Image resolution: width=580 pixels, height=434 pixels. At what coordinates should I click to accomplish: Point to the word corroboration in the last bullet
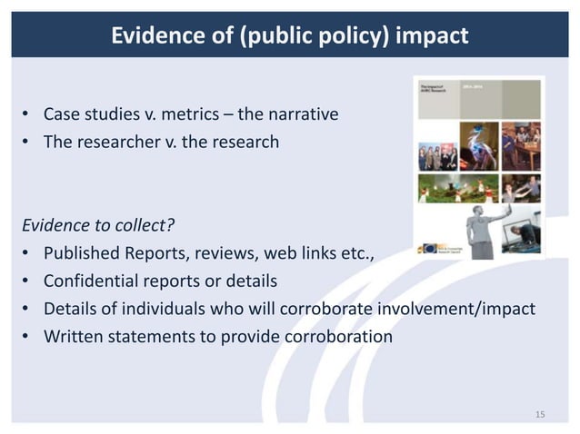coord(337,336)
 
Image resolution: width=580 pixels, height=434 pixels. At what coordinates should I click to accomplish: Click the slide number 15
coord(540,415)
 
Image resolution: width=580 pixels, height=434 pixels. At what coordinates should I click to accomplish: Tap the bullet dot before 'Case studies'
coord(27,115)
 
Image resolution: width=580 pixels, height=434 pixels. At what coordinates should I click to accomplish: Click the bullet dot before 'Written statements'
coord(27,337)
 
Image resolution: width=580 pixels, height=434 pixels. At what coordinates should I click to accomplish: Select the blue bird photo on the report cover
coord(480,145)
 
